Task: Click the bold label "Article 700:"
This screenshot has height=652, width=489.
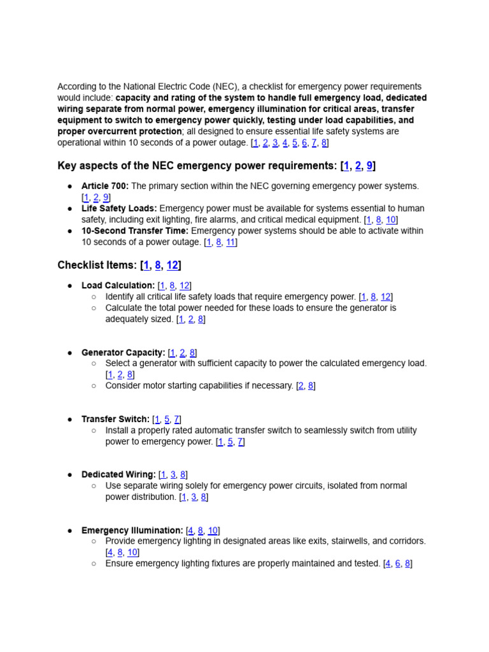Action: (x=105, y=186)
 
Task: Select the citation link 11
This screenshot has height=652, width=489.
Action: (x=230, y=242)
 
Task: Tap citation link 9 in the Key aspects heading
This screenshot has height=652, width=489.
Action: (x=369, y=166)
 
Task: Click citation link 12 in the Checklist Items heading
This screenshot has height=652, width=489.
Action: (x=172, y=266)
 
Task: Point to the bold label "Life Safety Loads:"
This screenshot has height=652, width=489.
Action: (x=119, y=208)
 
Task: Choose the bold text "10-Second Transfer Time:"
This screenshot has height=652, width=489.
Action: (x=135, y=230)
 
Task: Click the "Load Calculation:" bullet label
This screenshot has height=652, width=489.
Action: (x=118, y=286)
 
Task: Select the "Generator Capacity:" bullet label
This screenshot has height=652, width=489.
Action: (x=123, y=353)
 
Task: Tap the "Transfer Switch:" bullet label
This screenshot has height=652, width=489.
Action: (x=115, y=420)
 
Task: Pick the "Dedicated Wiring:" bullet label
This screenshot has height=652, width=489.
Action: (x=118, y=475)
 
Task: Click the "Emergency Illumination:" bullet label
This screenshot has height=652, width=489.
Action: (x=132, y=530)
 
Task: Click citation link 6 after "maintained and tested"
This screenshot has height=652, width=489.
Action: (x=397, y=563)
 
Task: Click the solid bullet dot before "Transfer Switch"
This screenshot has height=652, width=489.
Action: (x=69, y=420)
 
